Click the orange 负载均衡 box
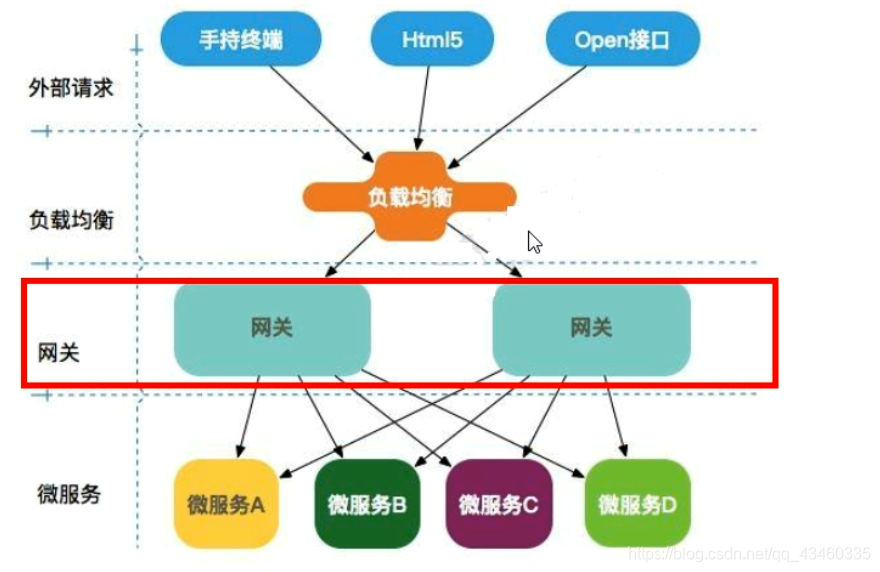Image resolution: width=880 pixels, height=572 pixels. click(x=408, y=197)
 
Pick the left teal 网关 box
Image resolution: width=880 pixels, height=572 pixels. click(x=271, y=327)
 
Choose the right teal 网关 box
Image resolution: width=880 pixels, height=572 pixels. click(x=591, y=327)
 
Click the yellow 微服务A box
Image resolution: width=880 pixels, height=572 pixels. click(x=225, y=504)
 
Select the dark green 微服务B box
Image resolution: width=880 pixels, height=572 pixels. click(x=366, y=504)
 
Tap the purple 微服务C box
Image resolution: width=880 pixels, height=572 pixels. click(x=499, y=504)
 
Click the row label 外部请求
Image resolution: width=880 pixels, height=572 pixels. click(x=71, y=88)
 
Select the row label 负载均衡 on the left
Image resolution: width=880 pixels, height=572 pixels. click(x=71, y=220)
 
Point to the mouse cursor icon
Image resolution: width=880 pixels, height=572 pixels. click(x=534, y=241)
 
